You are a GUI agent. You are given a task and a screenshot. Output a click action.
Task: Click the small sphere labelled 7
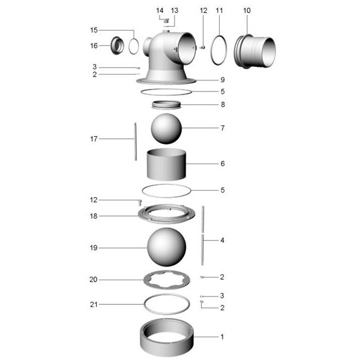[166, 128]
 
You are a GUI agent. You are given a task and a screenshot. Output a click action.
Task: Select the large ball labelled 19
[167, 247]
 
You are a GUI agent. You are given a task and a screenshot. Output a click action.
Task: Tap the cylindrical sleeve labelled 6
[166, 164]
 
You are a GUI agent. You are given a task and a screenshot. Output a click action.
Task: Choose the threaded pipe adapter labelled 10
[255, 51]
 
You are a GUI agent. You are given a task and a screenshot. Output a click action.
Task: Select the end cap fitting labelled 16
[117, 45]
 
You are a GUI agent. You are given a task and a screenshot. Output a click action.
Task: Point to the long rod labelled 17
[136, 141]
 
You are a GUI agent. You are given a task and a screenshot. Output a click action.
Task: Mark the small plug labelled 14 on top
[167, 21]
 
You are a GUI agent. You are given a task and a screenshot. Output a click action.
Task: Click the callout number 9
[222, 80]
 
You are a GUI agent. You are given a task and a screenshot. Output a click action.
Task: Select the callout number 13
[174, 10]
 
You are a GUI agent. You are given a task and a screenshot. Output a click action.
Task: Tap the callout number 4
[222, 240]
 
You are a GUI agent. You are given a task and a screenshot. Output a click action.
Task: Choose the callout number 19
[93, 248]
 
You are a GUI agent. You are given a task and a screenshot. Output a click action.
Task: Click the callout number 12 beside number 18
[93, 200]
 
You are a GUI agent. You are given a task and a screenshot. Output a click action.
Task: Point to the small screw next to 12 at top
[202, 47]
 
